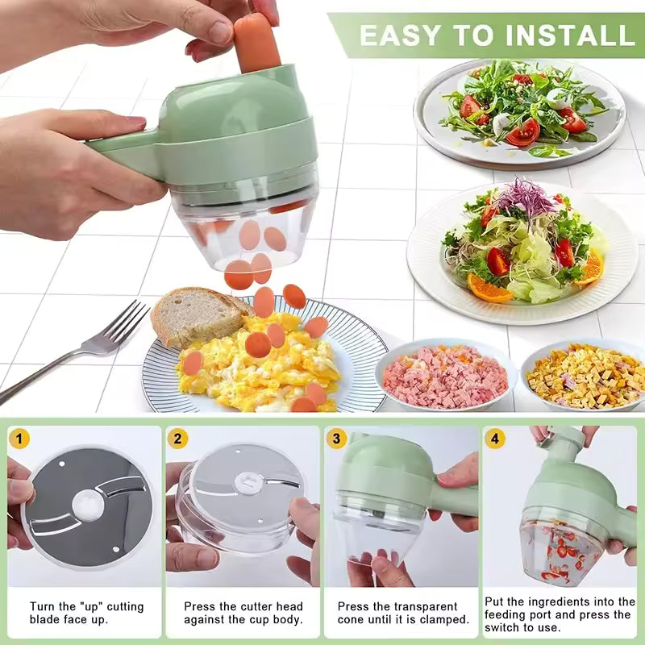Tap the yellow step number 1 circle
[x=20, y=439]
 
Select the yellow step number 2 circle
[x=178, y=439]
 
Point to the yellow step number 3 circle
[x=337, y=439]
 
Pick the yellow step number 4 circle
[x=494, y=439]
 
